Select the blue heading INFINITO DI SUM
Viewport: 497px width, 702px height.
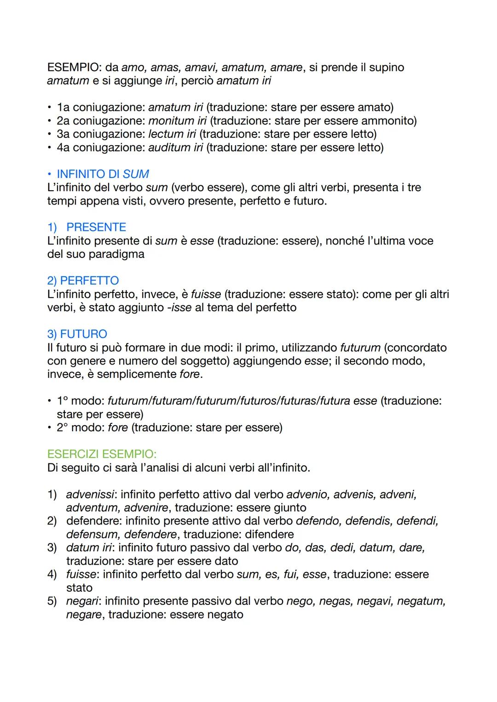(103, 174)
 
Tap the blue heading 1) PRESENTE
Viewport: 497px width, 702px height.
(87, 228)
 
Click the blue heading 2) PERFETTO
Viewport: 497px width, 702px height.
(83, 281)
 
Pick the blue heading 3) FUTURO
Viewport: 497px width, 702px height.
(77, 334)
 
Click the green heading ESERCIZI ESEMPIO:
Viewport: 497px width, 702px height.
(102, 454)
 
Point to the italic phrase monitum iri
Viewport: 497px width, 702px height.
(177, 121)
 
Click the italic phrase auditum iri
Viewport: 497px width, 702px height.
(175, 148)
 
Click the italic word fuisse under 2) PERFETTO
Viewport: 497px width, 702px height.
(206, 294)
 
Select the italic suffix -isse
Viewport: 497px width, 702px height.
(179, 308)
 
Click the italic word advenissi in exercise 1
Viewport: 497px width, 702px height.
(90, 495)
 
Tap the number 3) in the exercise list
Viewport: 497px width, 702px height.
(52, 548)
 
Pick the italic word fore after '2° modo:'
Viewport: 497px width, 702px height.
(118, 428)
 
